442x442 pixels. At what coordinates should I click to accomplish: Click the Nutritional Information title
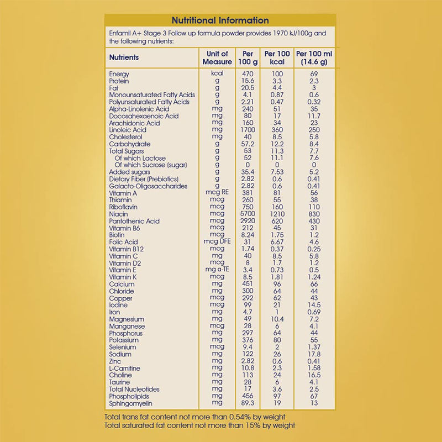point(220,20)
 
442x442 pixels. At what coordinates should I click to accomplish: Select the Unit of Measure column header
point(217,57)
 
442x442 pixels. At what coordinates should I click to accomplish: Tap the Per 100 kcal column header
point(277,57)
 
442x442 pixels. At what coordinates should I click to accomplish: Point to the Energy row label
point(119,74)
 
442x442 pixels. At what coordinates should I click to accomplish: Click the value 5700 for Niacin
point(248,214)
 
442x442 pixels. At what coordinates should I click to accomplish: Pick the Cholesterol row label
point(126,137)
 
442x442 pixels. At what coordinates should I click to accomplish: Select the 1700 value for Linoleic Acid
point(248,130)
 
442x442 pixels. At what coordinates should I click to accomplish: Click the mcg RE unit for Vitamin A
point(217,193)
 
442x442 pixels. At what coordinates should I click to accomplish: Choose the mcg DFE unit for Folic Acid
point(217,242)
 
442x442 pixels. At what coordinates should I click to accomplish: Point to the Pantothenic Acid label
point(134,221)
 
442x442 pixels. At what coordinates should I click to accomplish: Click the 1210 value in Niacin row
point(277,214)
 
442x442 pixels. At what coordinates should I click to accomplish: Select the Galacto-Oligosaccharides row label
point(149,186)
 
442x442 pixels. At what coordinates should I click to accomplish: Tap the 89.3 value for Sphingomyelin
point(248,403)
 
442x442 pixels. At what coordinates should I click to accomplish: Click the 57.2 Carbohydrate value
point(248,144)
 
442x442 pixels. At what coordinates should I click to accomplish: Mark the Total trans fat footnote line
point(195,416)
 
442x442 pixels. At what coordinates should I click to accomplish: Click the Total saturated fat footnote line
point(199,425)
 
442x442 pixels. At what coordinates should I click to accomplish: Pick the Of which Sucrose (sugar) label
point(151,165)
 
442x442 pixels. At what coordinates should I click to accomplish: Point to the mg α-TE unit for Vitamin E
point(217,270)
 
